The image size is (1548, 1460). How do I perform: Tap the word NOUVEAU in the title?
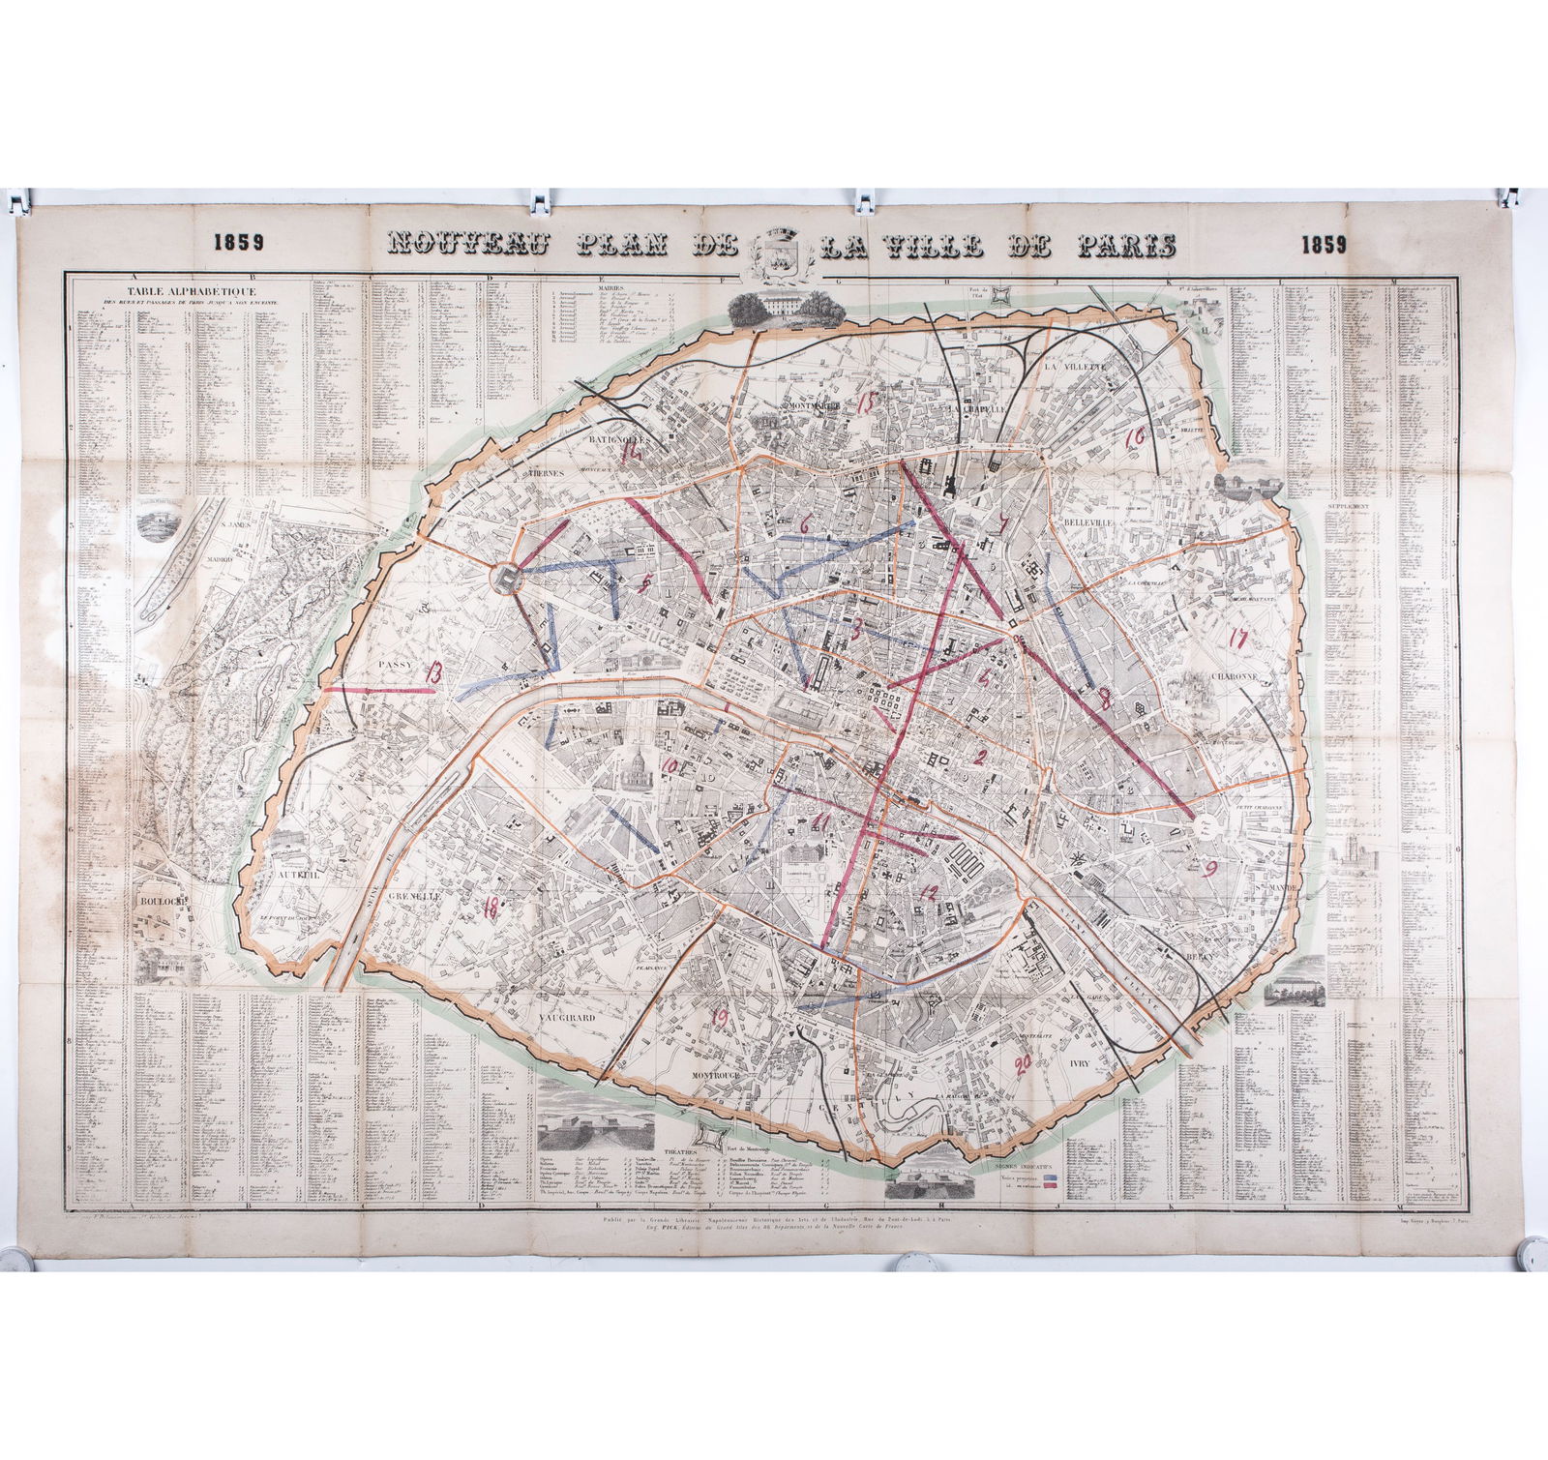pos(470,244)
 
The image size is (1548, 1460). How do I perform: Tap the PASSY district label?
pos(396,666)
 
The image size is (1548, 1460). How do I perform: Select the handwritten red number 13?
pos(432,674)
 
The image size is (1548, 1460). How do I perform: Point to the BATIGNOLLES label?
pos(619,437)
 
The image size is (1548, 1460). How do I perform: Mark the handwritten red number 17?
pos(1236,638)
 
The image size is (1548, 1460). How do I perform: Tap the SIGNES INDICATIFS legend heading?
pos(1027,1167)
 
